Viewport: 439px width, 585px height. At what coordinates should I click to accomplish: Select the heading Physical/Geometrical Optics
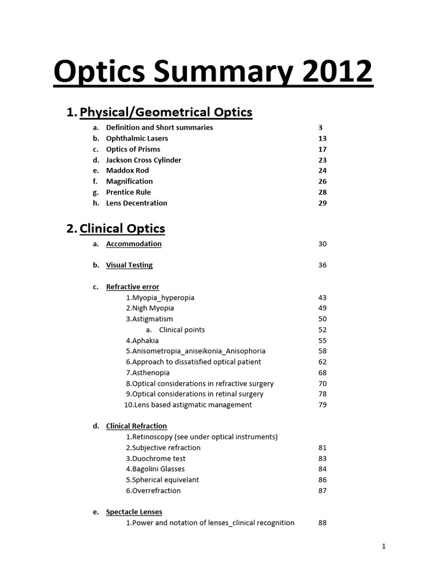(166, 112)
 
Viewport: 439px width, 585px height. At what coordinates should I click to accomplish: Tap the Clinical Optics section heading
(122, 229)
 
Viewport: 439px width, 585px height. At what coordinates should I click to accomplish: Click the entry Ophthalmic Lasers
(137, 138)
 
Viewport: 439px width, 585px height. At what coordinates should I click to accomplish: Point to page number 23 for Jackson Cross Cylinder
(322, 160)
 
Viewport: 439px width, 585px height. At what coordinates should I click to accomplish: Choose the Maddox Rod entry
(127, 170)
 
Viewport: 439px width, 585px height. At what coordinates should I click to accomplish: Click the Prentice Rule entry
(128, 192)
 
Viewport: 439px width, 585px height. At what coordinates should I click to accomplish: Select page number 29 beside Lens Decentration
(322, 203)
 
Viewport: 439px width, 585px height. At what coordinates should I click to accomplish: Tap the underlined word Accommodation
(134, 244)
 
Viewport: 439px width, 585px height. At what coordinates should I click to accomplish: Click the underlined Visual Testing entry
(129, 265)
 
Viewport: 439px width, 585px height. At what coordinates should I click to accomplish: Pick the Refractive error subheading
(133, 287)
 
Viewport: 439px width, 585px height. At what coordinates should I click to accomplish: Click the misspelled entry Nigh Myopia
(150, 308)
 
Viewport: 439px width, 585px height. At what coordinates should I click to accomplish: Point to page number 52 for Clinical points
(322, 330)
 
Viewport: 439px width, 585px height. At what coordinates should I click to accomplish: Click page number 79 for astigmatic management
(322, 405)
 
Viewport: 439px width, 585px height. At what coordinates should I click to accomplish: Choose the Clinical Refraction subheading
(137, 426)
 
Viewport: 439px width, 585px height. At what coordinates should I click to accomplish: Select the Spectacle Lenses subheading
(134, 512)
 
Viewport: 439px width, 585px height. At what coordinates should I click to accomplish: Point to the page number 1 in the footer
(384, 547)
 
